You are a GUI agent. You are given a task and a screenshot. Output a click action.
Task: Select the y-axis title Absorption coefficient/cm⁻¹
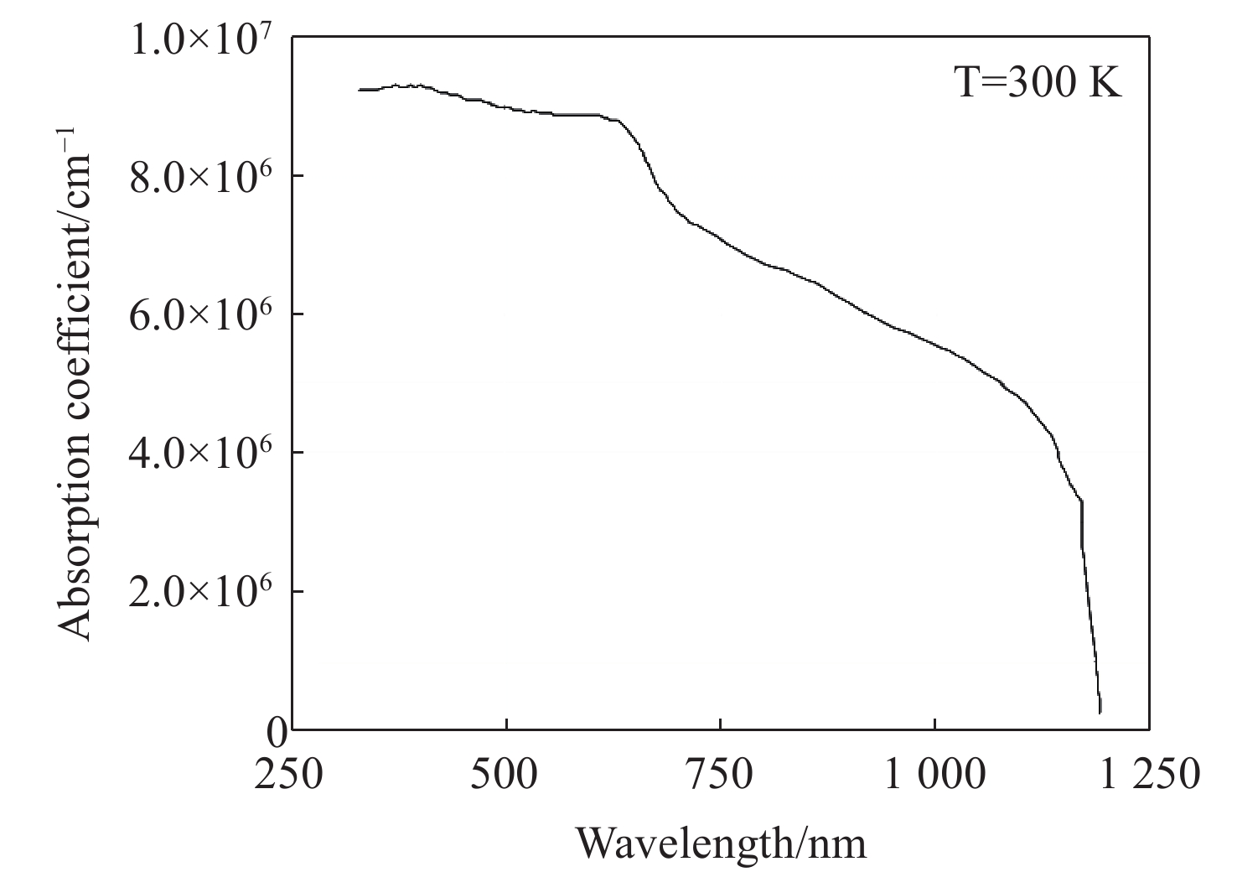pyautogui.click(x=77, y=384)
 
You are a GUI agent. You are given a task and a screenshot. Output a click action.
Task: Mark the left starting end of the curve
pyautogui.click(x=360, y=90)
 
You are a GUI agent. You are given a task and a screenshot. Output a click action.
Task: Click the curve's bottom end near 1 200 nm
pyautogui.click(x=1100, y=712)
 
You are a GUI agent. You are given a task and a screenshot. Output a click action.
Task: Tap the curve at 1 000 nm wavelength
pyautogui.click(x=934, y=345)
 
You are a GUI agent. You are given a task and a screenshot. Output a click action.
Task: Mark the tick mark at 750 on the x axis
pyautogui.click(x=720, y=724)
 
